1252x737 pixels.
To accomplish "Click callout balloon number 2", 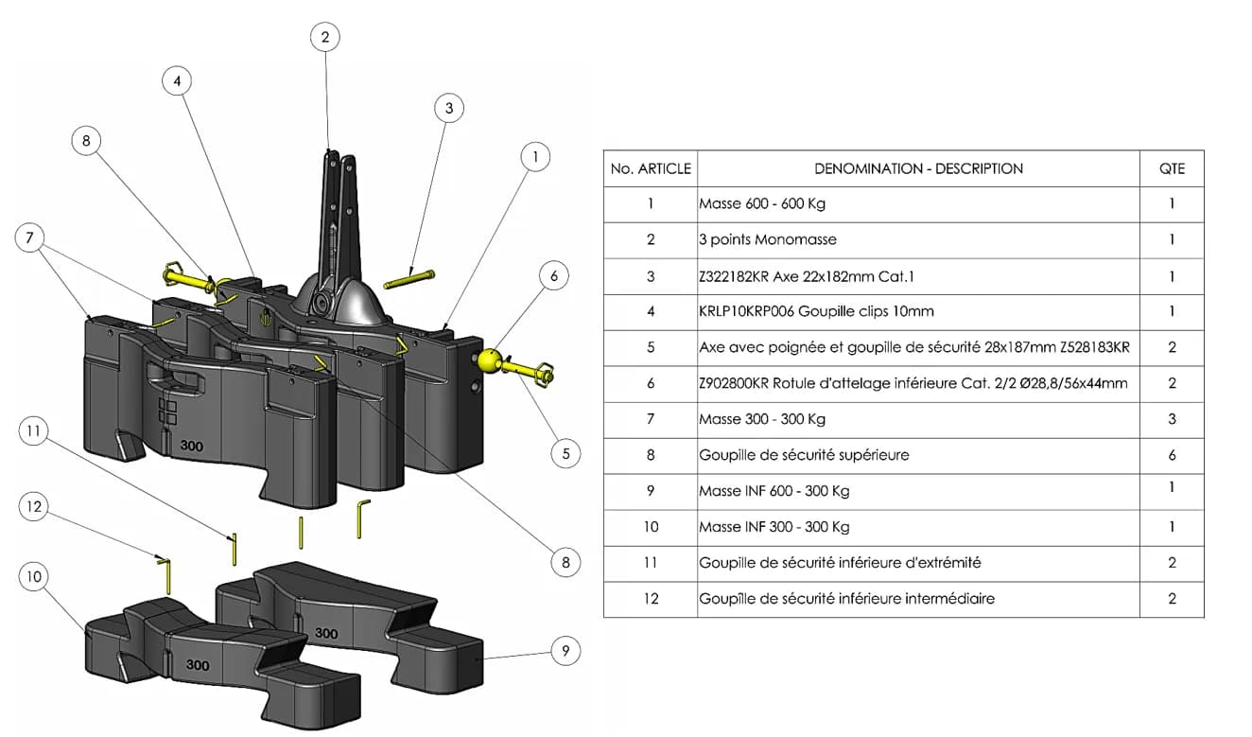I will tap(325, 37).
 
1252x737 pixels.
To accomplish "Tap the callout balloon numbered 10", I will tap(34, 577).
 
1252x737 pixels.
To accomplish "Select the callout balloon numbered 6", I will tap(554, 276).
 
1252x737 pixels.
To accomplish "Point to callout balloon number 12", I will tap(34, 507).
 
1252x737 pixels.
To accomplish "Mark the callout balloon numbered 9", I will tap(565, 650).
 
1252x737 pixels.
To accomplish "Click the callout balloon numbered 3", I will tap(449, 108).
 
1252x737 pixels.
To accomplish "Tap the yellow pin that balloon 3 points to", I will tap(409, 280).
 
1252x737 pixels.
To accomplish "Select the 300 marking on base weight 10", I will tap(198, 665).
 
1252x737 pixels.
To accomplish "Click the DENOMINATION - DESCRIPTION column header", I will tap(918, 168).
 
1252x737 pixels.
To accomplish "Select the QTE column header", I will tap(1172, 168).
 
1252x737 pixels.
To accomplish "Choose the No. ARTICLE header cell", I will tap(651, 168).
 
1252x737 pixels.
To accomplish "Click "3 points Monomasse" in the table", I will tap(768, 240).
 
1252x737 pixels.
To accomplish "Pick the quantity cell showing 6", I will tap(1172, 455).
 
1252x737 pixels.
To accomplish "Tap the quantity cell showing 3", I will tap(1172, 419).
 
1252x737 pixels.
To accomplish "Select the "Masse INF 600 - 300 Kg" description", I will tap(774, 491).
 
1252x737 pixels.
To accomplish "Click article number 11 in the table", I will tap(651, 563).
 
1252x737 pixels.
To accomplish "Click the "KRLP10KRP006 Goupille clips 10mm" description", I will tap(803, 311).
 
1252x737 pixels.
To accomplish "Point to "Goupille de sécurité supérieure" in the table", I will tap(804, 455).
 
